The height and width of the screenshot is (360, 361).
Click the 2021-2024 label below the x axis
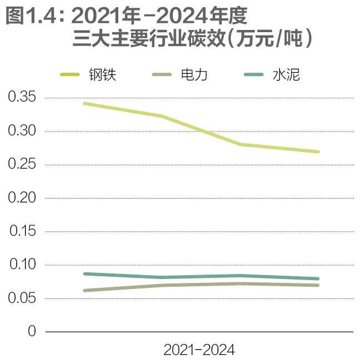click(x=199, y=350)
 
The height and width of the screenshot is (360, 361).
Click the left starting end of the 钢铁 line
click(x=84, y=104)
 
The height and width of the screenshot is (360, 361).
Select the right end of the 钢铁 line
click(x=318, y=151)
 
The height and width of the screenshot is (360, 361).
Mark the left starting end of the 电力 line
click(x=84, y=290)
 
